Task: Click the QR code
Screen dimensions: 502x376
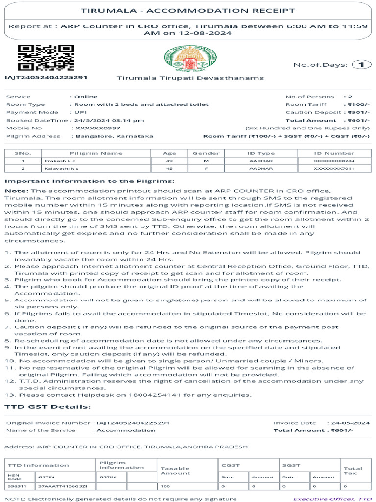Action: coord(46,58)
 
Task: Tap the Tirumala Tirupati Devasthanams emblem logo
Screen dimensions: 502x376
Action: coord(184,59)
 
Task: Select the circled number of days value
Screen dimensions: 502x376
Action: coord(361,65)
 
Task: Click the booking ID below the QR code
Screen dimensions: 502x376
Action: coord(46,78)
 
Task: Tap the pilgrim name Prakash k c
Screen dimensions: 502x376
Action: coord(61,161)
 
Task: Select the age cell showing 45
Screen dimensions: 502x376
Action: coord(169,169)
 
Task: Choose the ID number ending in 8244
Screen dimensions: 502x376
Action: coord(334,161)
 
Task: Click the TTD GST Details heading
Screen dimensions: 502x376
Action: coord(47,407)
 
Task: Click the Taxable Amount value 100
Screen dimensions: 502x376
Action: coord(165,486)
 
